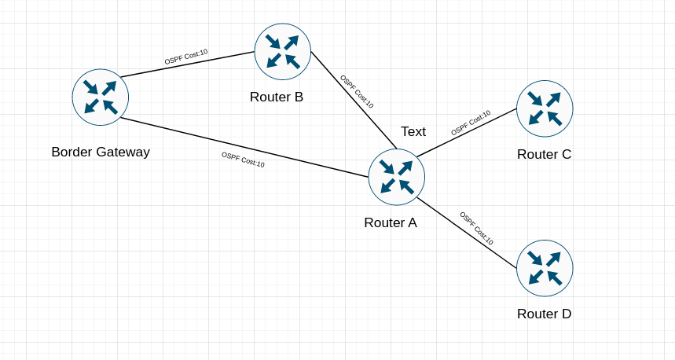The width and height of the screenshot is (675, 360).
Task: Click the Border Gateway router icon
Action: (x=101, y=97)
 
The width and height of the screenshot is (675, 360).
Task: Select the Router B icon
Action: (x=283, y=52)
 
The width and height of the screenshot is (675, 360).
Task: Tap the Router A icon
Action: (x=397, y=177)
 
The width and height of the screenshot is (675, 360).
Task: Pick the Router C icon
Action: (x=545, y=108)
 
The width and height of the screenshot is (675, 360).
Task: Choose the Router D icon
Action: (x=545, y=268)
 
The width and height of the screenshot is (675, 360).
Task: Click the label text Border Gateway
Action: (x=101, y=152)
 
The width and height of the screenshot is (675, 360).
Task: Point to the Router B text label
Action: (x=277, y=97)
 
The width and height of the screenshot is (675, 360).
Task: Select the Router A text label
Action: (x=391, y=222)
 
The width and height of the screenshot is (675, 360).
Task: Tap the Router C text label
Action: (x=544, y=154)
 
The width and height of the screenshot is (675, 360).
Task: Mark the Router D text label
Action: (x=544, y=314)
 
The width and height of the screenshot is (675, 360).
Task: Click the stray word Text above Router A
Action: (x=413, y=131)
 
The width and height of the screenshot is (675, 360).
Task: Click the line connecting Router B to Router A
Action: (x=330, y=74)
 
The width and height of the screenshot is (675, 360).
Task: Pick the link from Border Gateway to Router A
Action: (x=189, y=134)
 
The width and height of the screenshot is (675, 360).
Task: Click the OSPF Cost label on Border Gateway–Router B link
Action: (x=186, y=57)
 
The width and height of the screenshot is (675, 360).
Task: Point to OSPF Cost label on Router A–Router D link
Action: (x=476, y=229)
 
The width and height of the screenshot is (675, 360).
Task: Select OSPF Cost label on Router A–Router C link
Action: (x=471, y=123)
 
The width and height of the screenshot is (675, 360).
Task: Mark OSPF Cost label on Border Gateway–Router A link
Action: (x=243, y=160)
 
